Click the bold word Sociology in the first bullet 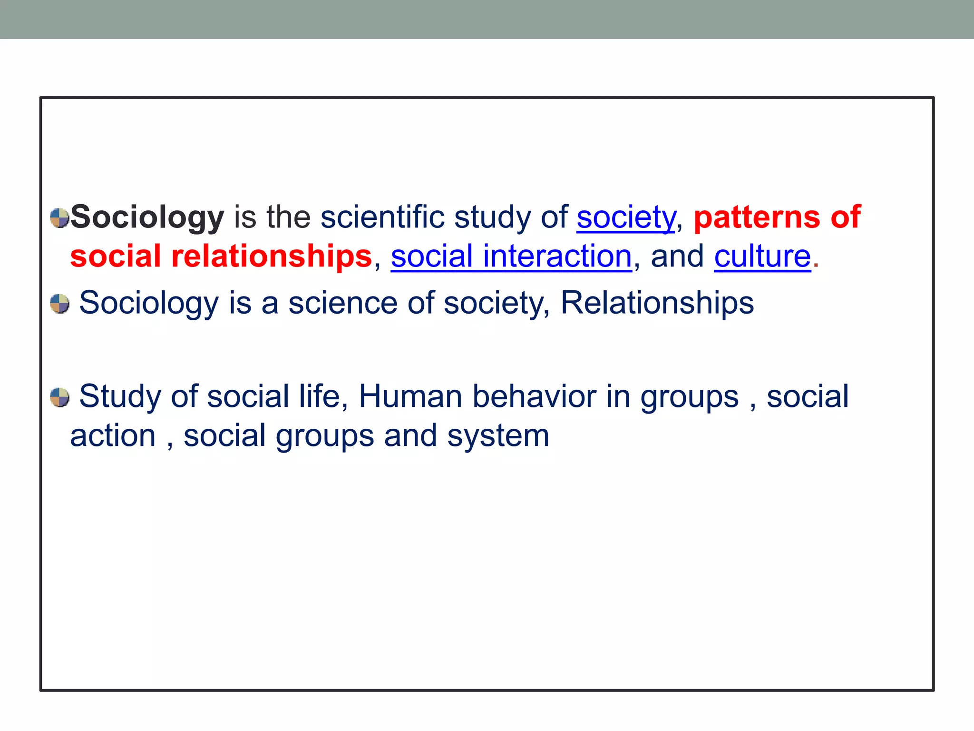(x=147, y=217)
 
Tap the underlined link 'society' (x=625, y=217)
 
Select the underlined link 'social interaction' (x=511, y=257)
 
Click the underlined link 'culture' (x=762, y=257)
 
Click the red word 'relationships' (x=271, y=257)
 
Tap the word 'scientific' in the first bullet (x=382, y=217)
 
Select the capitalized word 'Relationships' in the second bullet (x=657, y=303)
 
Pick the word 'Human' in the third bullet (x=410, y=396)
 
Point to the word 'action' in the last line (x=113, y=436)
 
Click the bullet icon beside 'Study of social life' (x=60, y=397)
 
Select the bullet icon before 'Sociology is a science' (x=60, y=304)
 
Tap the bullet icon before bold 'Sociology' (x=60, y=218)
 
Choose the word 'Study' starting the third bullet (x=120, y=396)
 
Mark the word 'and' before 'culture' (x=677, y=257)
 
